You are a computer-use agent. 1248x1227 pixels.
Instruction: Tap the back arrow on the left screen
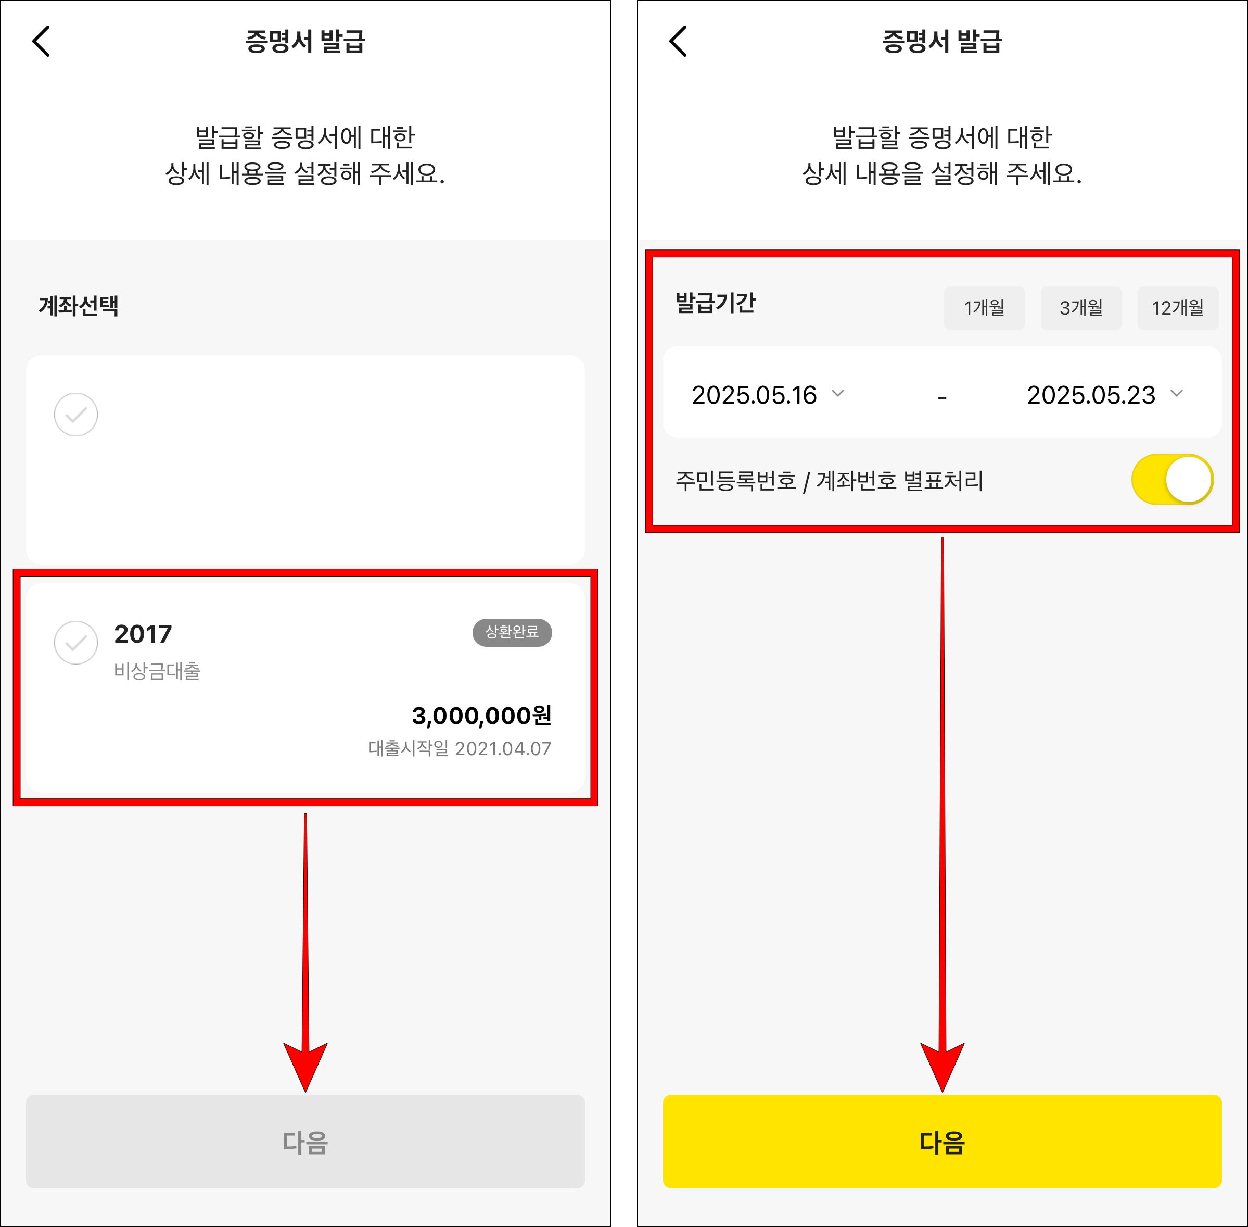click(x=41, y=42)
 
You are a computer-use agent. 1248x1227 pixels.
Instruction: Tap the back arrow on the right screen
click(x=678, y=42)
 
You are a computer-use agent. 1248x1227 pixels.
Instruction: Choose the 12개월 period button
click(x=1177, y=308)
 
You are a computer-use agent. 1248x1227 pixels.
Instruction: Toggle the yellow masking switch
click(x=1172, y=480)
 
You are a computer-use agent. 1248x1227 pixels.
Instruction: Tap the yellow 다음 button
click(x=941, y=1141)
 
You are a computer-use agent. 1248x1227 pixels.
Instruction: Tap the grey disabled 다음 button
click(x=305, y=1141)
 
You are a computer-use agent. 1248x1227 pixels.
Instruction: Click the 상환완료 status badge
click(x=512, y=632)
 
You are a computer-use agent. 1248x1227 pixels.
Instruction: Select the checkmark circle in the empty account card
click(x=76, y=415)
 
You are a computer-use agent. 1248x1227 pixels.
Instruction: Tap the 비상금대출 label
click(x=157, y=671)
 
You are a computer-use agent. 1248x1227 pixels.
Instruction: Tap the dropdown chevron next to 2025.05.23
click(x=1177, y=394)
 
